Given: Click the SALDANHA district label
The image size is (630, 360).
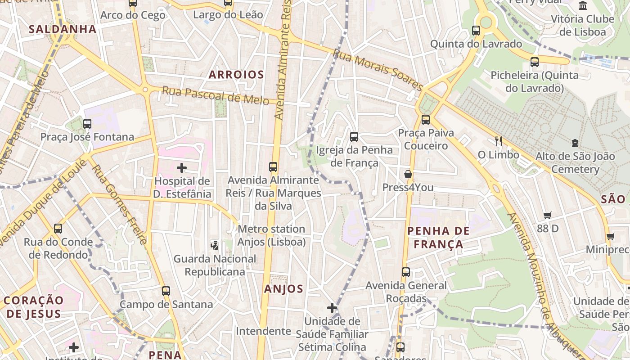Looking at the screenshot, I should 63,29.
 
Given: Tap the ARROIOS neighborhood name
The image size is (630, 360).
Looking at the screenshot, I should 236,75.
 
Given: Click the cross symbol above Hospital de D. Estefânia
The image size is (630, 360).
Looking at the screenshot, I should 182,168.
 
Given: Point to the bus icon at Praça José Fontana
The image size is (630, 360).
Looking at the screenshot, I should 87,123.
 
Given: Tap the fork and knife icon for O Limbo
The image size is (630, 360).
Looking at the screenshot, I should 498,141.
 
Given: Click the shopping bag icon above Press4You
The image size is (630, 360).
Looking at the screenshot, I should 408,174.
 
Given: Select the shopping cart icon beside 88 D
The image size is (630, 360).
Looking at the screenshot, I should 548,215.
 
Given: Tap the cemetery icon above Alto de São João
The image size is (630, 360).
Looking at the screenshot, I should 575,143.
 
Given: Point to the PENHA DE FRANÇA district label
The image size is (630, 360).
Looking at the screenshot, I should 438,238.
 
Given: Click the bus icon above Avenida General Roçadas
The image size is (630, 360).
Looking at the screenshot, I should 406,272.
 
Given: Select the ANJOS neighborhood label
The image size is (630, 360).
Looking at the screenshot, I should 284,289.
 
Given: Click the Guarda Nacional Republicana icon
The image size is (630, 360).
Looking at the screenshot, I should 215,245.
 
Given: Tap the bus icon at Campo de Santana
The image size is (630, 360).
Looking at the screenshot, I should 166,291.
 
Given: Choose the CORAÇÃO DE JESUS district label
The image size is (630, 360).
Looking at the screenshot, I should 34,307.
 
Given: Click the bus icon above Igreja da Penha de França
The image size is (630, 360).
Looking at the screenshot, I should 354,136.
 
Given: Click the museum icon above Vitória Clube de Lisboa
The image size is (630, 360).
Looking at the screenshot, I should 583,5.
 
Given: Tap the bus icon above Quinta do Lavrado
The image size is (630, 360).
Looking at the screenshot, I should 476,31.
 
